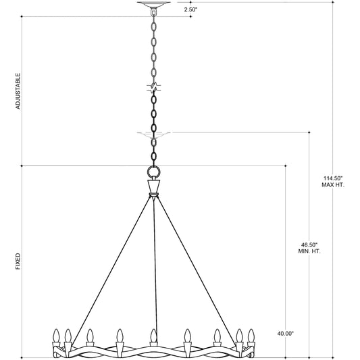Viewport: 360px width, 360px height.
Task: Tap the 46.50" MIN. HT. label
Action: tap(310, 247)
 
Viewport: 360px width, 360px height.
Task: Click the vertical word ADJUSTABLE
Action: tap(18, 92)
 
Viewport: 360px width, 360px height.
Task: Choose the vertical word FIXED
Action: tap(18, 262)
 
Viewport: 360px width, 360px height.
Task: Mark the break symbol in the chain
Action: tap(154, 88)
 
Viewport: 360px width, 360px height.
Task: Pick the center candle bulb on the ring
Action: tap(154, 335)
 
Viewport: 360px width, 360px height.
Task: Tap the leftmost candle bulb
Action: tap(57, 335)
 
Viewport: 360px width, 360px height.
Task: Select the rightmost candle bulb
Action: tap(251, 335)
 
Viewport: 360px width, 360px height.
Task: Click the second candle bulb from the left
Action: tap(68, 335)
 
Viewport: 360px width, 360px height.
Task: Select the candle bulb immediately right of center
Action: tap(187, 335)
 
